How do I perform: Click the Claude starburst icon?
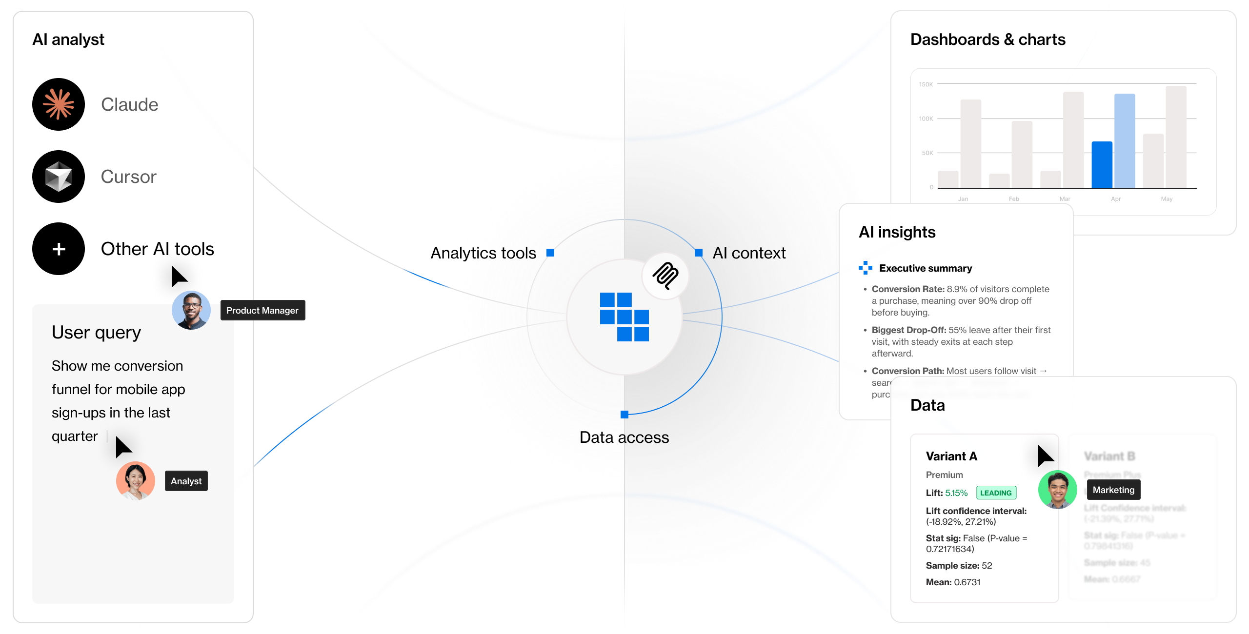coord(59,104)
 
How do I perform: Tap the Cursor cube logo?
coord(59,177)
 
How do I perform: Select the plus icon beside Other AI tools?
coord(59,249)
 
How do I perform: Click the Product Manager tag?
coord(262,311)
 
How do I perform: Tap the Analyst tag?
coord(186,481)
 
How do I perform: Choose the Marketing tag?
coord(1113,490)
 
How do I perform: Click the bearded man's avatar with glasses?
coord(191,311)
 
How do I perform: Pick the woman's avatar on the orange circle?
coord(136,481)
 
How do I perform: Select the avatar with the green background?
coord(1057,490)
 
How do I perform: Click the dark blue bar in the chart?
coord(1102,165)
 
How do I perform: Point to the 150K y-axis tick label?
coord(926,84)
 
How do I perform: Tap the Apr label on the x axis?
coord(1116,199)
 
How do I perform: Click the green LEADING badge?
coord(996,493)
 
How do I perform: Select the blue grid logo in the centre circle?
coord(624,317)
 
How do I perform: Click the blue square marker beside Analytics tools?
coord(550,253)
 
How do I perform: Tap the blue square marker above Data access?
coord(624,415)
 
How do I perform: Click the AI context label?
coord(749,253)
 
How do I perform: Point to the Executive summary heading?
coord(925,268)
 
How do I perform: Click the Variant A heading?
coord(951,456)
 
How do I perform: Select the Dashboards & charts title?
coord(987,40)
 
